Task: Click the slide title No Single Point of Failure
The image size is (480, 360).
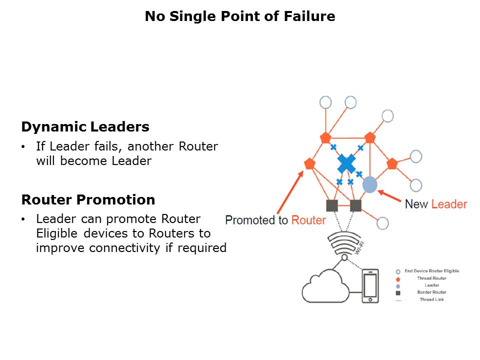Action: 240,16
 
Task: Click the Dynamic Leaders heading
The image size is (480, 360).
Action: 85,127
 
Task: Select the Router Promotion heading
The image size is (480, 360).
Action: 88,200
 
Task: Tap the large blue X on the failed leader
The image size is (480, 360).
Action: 346,163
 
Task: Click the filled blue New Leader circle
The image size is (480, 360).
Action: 369,184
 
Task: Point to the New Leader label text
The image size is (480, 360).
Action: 435,204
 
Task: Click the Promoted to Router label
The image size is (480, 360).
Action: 275,220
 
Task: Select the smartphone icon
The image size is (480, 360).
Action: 370,286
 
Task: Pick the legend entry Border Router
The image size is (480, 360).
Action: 431,292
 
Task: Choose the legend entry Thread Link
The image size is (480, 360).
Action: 431,299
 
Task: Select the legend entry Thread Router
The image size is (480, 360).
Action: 431,278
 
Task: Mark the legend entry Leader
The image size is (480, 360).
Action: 431,285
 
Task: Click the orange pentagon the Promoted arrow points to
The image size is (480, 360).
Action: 309,163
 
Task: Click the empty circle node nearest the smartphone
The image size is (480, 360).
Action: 382,223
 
